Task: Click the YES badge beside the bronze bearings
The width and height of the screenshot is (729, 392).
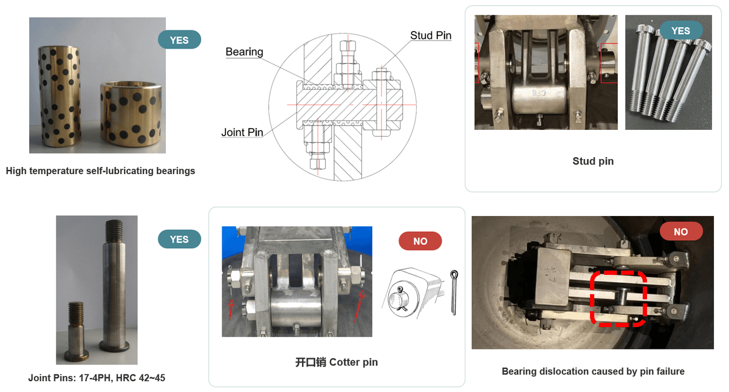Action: (x=179, y=39)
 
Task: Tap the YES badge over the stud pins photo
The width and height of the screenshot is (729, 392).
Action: (x=681, y=30)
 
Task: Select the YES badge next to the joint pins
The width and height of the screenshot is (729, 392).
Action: (x=179, y=239)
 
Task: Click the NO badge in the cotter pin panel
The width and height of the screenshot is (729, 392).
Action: (x=420, y=241)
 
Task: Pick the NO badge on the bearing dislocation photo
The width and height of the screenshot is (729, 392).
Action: (x=681, y=231)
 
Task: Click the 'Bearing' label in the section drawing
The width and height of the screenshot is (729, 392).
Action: (x=244, y=52)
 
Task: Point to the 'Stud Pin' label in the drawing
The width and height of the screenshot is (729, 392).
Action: (x=431, y=35)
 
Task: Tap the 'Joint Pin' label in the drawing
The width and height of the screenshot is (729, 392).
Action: (x=242, y=132)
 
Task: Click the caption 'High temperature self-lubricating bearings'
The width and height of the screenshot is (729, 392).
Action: (x=100, y=171)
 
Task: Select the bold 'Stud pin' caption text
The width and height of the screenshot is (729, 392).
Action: (x=593, y=161)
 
